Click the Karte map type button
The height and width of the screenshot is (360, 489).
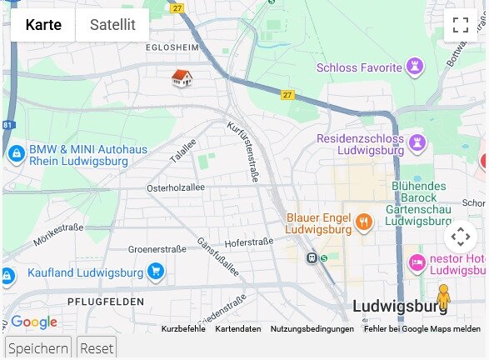coord(43,25)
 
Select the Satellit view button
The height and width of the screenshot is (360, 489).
coord(112,25)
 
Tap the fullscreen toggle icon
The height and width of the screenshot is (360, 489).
coord(461,25)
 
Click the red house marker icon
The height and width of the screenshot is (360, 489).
coord(182,78)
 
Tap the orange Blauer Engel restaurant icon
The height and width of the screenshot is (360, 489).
coord(363,222)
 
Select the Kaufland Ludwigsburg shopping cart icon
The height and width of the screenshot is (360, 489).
coord(155,272)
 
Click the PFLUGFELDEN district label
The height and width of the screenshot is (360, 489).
coord(106,302)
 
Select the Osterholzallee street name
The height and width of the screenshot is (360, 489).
coord(175,188)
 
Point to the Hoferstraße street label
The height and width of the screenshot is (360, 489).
coord(249,242)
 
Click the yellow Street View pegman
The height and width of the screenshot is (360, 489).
coord(443,297)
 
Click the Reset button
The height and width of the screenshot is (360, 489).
coord(97,348)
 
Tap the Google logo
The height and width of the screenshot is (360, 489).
coord(34,322)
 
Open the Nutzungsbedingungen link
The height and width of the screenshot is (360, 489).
coord(312,329)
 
